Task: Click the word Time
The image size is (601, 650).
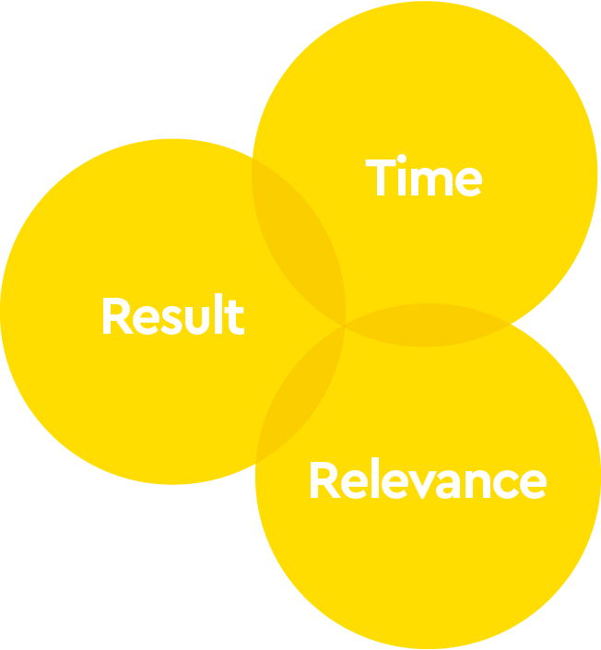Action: (x=424, y=177)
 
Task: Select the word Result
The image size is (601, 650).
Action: (x=172, y=316)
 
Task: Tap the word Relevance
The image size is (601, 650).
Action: (x=427, y=481)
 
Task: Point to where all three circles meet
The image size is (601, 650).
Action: (x=345, y=324)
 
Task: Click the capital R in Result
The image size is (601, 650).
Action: (x=114, y=316)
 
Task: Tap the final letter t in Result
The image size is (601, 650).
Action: (x=235, y=317)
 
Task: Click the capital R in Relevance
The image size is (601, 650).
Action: (x=323, y=481)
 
